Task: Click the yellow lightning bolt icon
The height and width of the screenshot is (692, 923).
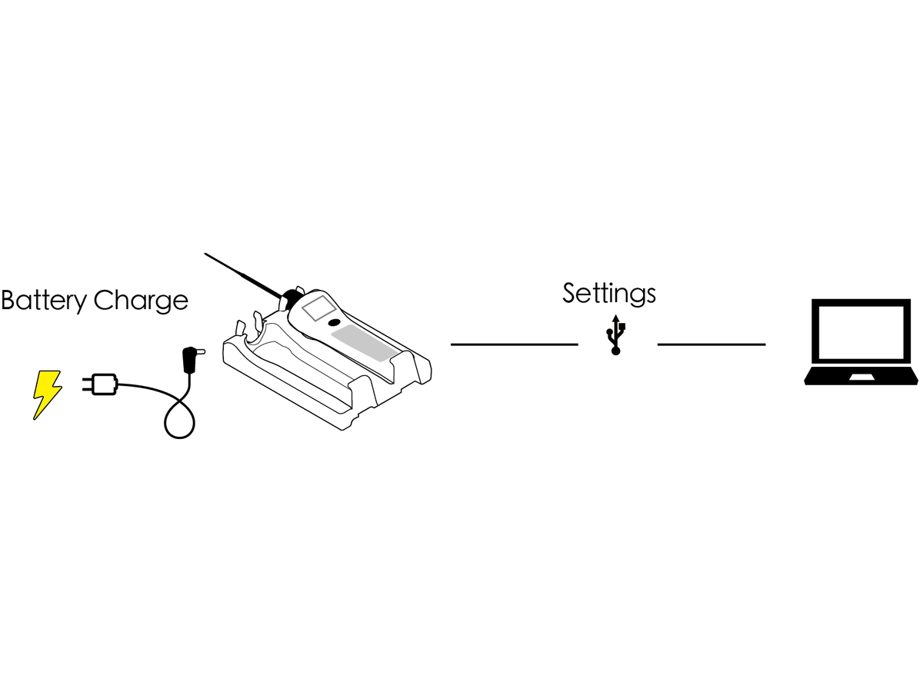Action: pyautogui.click(x=47, y=394)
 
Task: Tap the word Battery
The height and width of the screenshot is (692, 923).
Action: pyautogui.click(x=44, y=301)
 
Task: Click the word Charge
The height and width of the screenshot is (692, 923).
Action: pyautogui.click(x=141, y=301)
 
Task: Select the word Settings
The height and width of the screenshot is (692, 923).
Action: pyautogui.click(x=609, y=294)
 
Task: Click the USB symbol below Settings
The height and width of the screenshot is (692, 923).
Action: pyautogui.click(x=615, y=335)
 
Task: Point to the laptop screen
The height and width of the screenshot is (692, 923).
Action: pyautogui.click(x=861, y=332)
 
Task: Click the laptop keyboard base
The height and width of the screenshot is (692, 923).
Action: pyautogui.click(x=861, y=376)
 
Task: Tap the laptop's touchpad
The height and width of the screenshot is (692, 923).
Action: pyautogui.click(x=861, y=378)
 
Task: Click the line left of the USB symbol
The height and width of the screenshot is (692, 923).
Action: pyautogui.click(x=515, y=344)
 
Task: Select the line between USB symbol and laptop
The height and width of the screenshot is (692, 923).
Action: pyautogui.click(x=711, y=344)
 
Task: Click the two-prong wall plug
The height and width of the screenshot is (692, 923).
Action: pyautogui.click(x=100, y=384)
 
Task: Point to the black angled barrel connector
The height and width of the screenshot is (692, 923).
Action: pyautogui.click(x=192, y=360)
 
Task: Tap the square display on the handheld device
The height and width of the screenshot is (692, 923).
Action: pyautogui.click(x=319, y=308)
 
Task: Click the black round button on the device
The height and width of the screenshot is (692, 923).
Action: pyautogui.click(x=334, y=323)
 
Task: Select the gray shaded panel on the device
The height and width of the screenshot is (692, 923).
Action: pyautogui.click(x=364, y=343)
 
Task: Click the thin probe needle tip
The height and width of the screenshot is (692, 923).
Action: pyautogui.click(x=205, y=254)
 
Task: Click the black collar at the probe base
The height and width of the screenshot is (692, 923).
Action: pyautogui.click(x=290, y=298)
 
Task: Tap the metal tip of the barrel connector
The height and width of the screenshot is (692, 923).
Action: pyautogui.click(x=202, y=351)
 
